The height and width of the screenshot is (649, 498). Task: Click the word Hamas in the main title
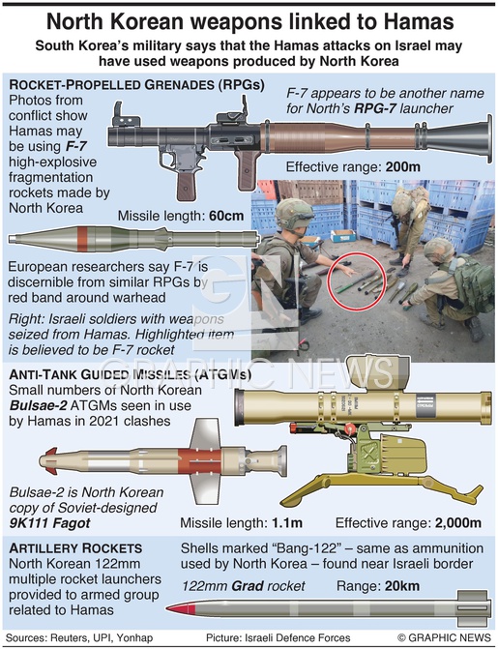pos(418,21)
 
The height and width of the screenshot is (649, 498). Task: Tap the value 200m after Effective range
pos(403,166)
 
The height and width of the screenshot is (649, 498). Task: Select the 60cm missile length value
pos(226,216)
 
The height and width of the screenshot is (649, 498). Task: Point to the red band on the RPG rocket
pos(83,239)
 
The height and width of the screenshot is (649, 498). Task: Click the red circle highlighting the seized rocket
pos(357,281)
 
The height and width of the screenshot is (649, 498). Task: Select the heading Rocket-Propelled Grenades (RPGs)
pos(136,85)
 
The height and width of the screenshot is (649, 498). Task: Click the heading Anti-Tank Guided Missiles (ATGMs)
pos(130,374)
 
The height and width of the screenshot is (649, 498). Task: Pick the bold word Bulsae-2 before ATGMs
pos(38,405)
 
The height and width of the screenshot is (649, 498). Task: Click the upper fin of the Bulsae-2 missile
pos(206,433)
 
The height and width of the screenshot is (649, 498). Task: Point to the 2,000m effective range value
pos(458,522)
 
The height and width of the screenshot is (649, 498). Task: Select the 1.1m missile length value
pos(287,522)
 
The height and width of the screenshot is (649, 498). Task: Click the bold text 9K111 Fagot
pos(49,523)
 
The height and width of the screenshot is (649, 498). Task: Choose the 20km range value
pos(402,586)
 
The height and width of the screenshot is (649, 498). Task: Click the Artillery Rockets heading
pos(75,548)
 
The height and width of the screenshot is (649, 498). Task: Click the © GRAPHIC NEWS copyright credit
pos(444,637)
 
